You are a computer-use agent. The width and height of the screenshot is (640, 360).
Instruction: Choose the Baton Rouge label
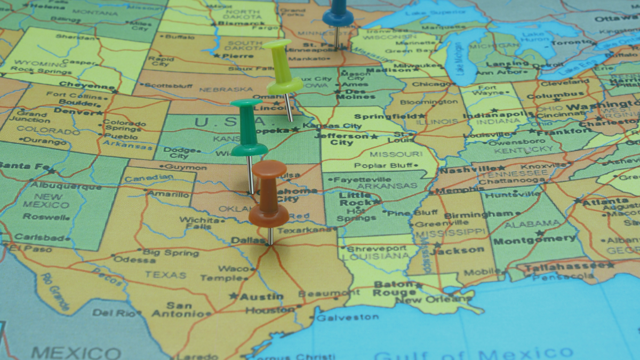point(395,289)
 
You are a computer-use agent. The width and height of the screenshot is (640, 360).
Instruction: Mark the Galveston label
point(347,317)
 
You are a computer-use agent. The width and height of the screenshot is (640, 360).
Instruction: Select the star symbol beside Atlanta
point(578,201)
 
